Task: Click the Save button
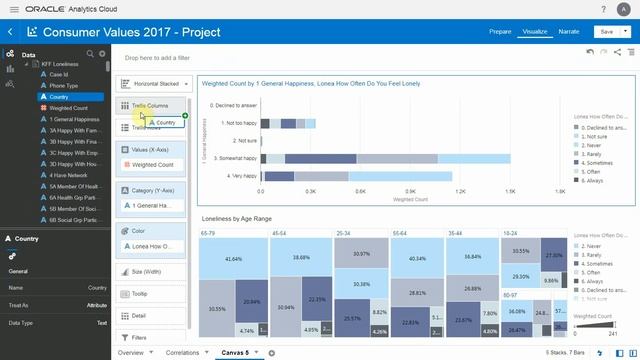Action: tap(605, 32)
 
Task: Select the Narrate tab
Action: tap(569, 32)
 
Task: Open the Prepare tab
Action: tap(500, 32)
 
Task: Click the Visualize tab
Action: tap(534, 32)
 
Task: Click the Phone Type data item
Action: tap(65, 85)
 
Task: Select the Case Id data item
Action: tap(59, 74)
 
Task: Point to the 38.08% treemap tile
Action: tap(299, 257)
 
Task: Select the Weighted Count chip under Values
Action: tap(152, 164)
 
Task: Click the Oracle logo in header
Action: tap(40, 7)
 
